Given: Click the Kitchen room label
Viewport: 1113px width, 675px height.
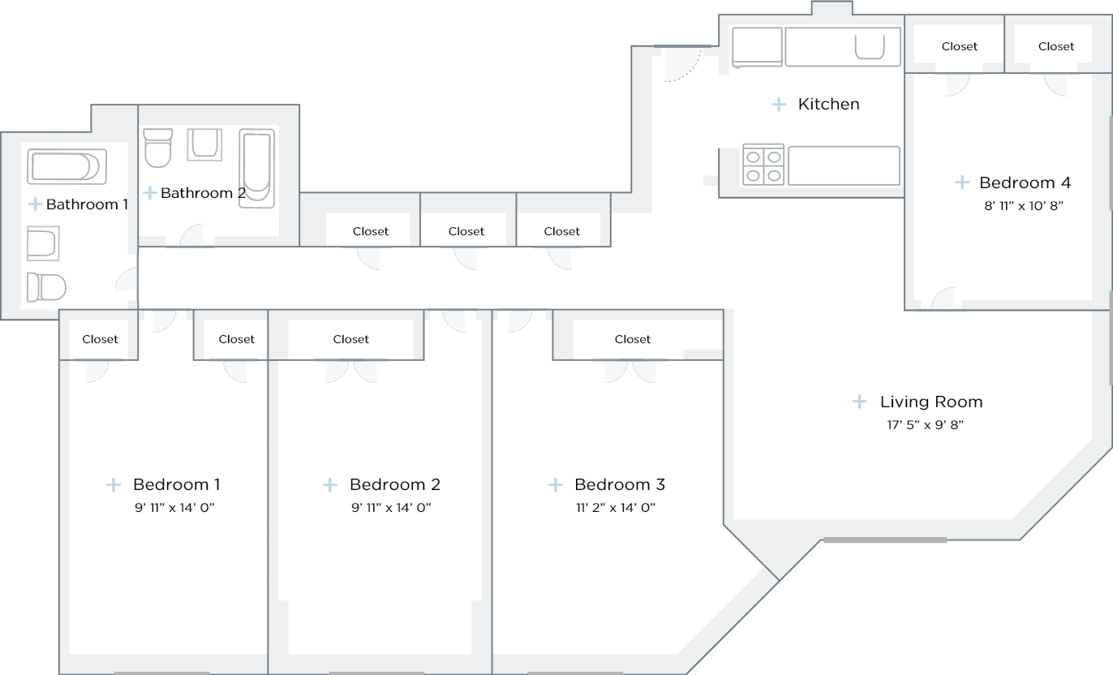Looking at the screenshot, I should click(x=828, y=104).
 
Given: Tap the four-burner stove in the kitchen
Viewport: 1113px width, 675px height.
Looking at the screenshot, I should click(x=763, y=165).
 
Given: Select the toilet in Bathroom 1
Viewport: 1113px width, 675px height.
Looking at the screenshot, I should click(x=45, y=287).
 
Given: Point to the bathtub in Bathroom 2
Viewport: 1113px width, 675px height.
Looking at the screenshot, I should click(x=256, y=168).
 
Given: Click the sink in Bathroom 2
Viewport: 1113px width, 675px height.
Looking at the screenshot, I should click(x=204, y=144).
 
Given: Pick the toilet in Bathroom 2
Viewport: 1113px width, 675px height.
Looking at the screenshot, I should click(x=157, y=147).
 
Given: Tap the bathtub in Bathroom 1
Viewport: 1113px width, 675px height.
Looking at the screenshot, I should click(x=67, y=166).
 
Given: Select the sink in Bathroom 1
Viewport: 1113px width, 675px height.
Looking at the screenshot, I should click(x=43, y=243).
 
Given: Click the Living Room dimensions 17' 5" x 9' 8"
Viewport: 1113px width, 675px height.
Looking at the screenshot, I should click(x=924, y=424).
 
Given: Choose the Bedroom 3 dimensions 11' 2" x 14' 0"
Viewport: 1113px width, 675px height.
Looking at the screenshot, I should click(x=615, y=508).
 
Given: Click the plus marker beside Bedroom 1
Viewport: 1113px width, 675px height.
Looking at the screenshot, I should click(x=114, y=484).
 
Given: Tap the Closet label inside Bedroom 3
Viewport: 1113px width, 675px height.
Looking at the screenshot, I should click(x=633, y=339).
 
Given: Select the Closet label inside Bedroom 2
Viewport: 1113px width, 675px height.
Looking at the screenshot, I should click(x=351, y=339).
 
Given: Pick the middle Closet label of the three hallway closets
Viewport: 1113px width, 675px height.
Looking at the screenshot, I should click(x=466, y=231).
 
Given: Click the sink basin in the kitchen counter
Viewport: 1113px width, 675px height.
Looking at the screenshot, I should click(x=870, y=49).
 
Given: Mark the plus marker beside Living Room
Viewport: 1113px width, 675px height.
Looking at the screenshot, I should click(x=860, y=402).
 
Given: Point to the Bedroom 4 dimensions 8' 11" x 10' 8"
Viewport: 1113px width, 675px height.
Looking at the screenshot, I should click(x=1023, y=206).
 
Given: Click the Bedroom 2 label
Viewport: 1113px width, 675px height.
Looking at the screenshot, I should click(x=394, y=484).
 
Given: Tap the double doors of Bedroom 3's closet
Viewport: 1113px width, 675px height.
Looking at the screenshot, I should click(x=630, y=370).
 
